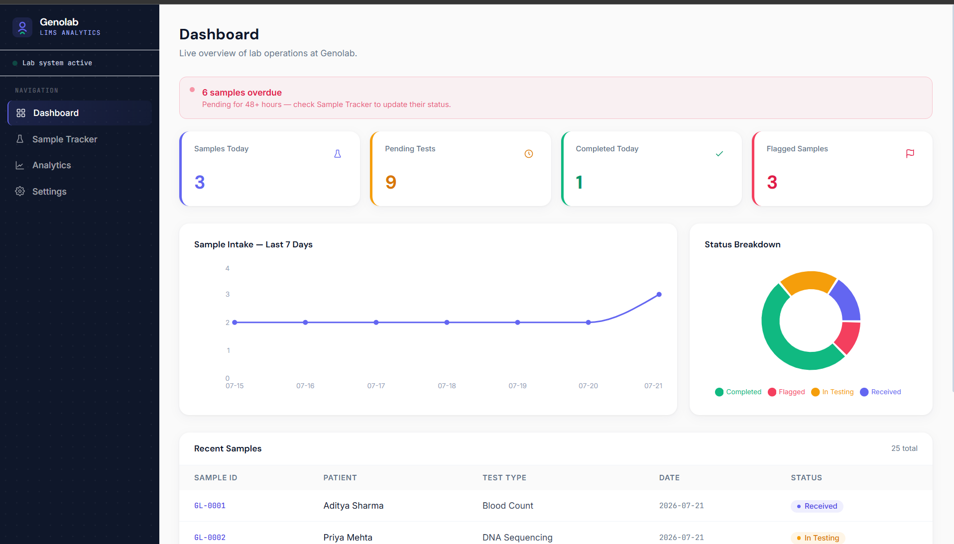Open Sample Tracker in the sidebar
[65, 139]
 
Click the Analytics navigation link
[52, 165]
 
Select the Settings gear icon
[20, 191]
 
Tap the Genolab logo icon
[22, 27]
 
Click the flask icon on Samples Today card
[338, 154]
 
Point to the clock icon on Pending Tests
[529, 154]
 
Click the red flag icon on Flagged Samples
[910, 154]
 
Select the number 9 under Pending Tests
[391, 182]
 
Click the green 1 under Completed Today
[580, 182]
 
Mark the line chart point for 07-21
[659, 295]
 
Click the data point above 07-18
[447, 323]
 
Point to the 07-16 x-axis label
[305, 386]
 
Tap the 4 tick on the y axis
[228, 268]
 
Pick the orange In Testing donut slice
[808, 281]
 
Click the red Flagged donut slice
[848, 337]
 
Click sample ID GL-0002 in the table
[210, 538]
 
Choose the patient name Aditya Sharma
[354, 506]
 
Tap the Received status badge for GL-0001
[817, 506]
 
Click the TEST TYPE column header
[504, 478]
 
